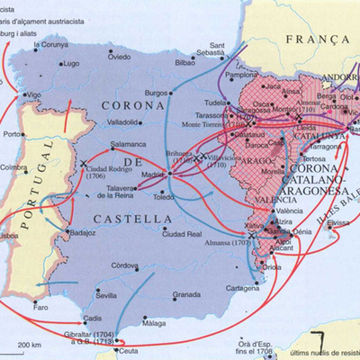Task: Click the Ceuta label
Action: pyautogui.click(x=130, y=352)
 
